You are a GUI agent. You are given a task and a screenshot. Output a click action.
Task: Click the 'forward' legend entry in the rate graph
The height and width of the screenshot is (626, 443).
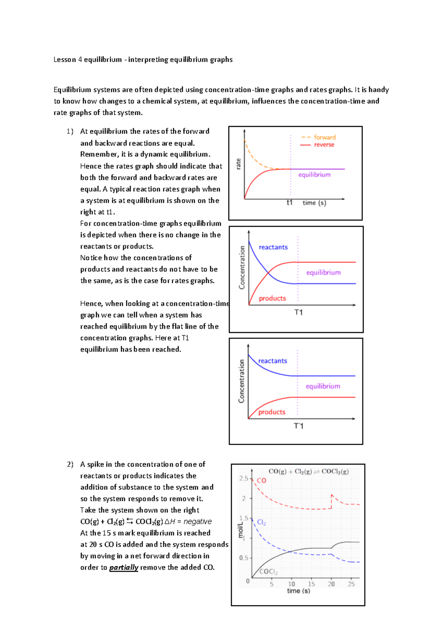click(324, 137)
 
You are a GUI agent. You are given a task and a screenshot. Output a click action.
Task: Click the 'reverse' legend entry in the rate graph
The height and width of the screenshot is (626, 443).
click(324, 145)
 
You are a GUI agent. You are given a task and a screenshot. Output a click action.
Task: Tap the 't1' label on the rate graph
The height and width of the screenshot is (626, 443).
click(290, 202)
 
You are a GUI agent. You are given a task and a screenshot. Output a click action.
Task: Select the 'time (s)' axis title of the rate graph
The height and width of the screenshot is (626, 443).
click(314, 203)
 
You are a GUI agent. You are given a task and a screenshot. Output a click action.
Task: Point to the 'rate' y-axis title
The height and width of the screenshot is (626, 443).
click(238, 164)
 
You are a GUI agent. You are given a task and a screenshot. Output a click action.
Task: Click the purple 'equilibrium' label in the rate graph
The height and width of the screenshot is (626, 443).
click(314, 175)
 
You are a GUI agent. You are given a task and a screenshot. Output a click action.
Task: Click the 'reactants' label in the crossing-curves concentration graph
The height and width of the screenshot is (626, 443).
click(273, 247)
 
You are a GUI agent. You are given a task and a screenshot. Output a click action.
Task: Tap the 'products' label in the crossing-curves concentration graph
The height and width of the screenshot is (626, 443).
click(272, 298)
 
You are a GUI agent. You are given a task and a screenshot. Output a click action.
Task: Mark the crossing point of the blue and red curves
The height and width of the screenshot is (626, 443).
click(269, 274)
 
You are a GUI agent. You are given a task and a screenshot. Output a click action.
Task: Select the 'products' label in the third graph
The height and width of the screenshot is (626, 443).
click(272, 412)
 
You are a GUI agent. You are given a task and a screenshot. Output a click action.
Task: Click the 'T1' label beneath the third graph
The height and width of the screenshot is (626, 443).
click(298, 426)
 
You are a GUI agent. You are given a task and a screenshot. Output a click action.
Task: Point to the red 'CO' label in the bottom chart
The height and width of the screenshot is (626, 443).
click(261, 480)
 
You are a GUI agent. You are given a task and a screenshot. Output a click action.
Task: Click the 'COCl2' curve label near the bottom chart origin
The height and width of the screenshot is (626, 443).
click(268, 572)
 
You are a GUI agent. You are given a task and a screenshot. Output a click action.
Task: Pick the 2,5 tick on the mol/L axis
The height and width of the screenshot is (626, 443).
click(244, 479)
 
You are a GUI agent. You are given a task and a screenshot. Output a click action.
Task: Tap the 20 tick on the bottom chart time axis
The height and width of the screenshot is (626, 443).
click(331, 584)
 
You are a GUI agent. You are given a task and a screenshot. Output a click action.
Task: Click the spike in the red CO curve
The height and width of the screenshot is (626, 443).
click(332, 495)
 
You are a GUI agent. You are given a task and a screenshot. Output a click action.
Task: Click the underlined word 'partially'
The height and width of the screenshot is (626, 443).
click(124, 567)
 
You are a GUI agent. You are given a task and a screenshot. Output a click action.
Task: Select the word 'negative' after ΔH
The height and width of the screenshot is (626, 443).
click(198, 522)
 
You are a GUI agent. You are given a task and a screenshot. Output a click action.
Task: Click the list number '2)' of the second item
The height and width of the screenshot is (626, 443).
click(70, 465)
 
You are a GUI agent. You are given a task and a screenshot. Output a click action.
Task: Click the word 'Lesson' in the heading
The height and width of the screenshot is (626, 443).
click(65, 60)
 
